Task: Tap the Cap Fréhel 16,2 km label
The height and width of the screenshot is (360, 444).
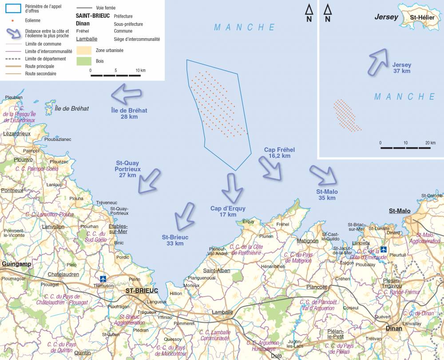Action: click(x=279, y=153)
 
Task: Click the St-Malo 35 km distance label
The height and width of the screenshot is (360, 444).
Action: click(x=327, y=195)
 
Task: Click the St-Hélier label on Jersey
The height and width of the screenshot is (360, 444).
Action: click(x=422, y=18)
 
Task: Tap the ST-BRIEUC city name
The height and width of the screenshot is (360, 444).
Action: click(x=142, y=290)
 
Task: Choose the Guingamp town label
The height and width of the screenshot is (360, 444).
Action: click(x=16, y=264)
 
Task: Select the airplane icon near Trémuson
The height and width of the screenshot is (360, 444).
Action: click(x=103, y=279)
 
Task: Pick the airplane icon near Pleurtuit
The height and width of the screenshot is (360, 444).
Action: click(x=383, y=249)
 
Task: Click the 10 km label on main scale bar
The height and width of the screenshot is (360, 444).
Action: click(x=140, y=71)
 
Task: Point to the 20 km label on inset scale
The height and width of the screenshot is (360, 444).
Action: click(x=430, y=143)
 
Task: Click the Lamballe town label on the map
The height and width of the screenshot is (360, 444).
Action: click(x=222, y=312)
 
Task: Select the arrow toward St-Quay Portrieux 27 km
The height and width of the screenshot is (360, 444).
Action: click(x=149, y=180)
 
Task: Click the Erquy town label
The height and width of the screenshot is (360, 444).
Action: click(x=249, y=221)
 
